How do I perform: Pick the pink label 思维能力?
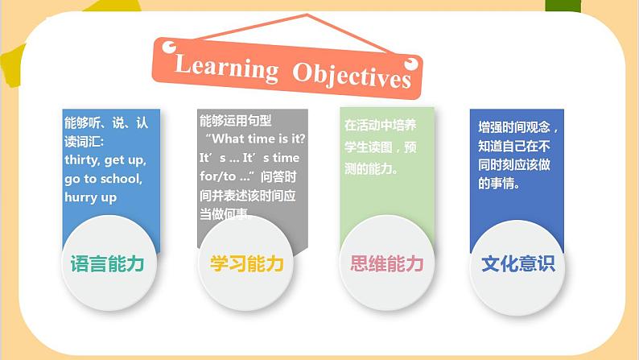coord(387,264)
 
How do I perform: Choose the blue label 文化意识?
coord(517,264)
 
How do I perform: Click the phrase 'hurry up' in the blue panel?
coord(91,197)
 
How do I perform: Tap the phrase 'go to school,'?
coord(103,178)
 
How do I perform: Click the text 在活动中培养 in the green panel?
coord(381,126)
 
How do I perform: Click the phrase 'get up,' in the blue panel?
coord(126,160)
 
